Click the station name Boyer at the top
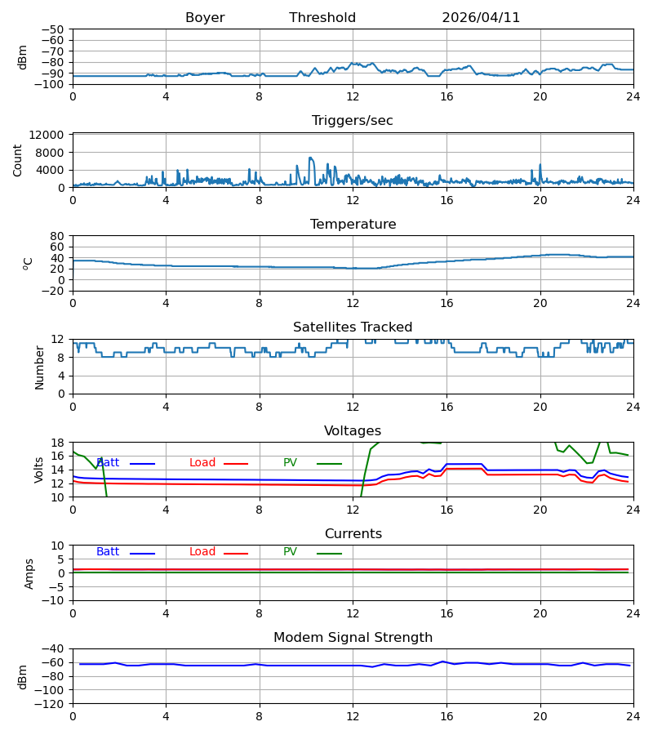pos(205,18)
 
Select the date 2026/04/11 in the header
pos(481,18)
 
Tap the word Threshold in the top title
pos(322,18)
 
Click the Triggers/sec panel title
pos(353,121)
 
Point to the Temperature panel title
pos(353,224)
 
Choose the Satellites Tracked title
pos(353,327)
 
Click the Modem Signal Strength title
pos(353,638)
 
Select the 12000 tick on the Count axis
pos(47,135)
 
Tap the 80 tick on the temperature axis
pos(57,236)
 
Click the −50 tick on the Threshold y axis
pos(53,29)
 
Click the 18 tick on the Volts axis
pos(57,443)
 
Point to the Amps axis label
pos(29,574)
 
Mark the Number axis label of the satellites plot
pos(39,368)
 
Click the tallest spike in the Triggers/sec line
pos(310,158)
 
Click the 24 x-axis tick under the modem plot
pos(633,717)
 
